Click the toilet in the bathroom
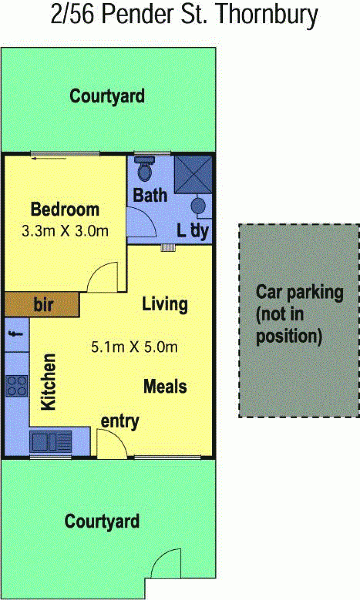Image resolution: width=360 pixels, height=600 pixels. [x=144, y=168]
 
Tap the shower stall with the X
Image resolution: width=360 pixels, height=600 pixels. [x=193, y=175]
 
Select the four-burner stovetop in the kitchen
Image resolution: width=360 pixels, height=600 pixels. [x=17, y=386]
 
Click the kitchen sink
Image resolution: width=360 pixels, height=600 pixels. [x=50, y=441]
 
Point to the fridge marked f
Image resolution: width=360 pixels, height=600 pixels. [x=17, y=335]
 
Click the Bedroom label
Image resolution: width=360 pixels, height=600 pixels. [x=65, y=210]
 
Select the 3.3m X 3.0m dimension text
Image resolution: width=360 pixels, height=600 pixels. [x=65, y=231]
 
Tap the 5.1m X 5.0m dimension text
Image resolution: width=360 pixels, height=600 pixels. [x=134, y=347]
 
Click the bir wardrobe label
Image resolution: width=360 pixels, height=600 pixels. [x=44, y=304]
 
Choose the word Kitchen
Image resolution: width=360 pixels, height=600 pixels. [x=49, y=382]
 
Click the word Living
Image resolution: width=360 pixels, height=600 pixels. [x=165, y=304]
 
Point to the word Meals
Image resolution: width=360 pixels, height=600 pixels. [x=165, y=386]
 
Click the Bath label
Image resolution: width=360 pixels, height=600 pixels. [x=150, y=195]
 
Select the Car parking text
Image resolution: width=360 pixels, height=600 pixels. [x=300, y=292]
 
